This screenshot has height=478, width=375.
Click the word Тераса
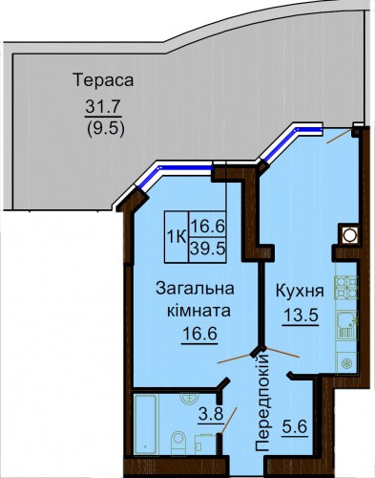tap(103, 80)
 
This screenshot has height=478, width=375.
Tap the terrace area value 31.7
tap(103, 107)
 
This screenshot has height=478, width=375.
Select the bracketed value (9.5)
tap(105, 129)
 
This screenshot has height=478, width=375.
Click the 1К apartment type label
tap(177, 237)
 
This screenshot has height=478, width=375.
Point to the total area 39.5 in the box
tap(207, 250)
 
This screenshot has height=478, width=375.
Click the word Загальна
tap(195, 289)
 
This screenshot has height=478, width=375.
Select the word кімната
tap(198, 311)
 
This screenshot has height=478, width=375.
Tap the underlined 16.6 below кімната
tap(199, 334)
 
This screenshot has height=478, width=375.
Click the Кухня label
tap(300, 292)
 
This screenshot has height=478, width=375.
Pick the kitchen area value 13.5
tap(301, 315)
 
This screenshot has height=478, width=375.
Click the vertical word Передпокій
tap(262, 403)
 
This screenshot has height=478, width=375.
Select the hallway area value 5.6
tap(294, 426)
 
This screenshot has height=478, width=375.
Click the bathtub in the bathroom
tap(146, 424)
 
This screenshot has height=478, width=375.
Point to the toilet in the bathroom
tap(178, 444)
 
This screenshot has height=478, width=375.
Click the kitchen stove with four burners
tap(346, 288)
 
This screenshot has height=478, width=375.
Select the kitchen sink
tap(346, 325)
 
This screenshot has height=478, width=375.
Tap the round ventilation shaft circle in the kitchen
tap(349, 235)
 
